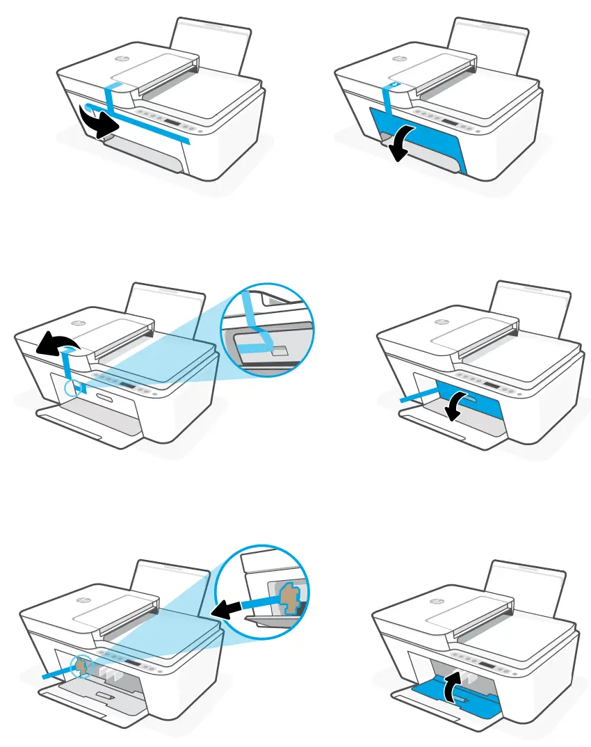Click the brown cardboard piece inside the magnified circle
point(291,597)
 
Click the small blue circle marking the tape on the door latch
point(73,387)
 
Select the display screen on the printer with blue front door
point(451,122)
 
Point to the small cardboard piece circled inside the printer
point(83,667)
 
